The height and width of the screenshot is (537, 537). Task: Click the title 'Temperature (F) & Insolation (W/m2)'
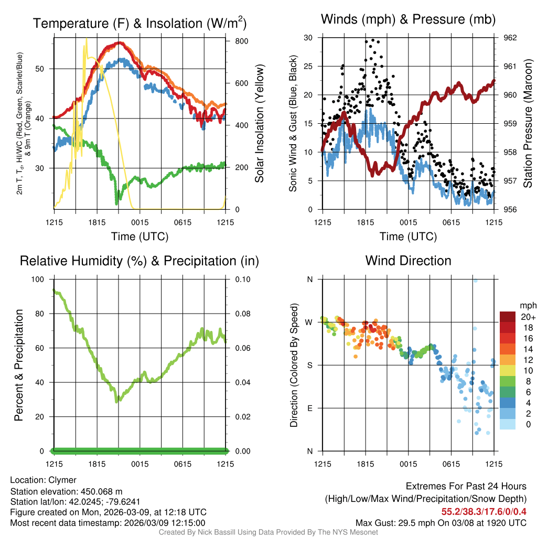point(139,24)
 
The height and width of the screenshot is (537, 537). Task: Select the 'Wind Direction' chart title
point(408,261)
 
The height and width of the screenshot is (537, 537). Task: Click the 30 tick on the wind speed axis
point(308,38)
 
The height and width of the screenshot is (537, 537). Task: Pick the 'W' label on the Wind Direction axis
point(309,322)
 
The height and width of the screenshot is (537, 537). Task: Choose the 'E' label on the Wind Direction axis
point(310,408)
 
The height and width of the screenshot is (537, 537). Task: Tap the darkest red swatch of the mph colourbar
point(508,317)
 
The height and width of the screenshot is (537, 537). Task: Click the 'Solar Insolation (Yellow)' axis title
point(259,123)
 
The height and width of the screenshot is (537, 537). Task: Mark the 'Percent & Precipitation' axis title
point(19,365)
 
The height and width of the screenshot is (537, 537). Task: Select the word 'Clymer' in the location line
point(62,480)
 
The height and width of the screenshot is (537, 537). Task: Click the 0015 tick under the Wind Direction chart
point(408,464)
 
